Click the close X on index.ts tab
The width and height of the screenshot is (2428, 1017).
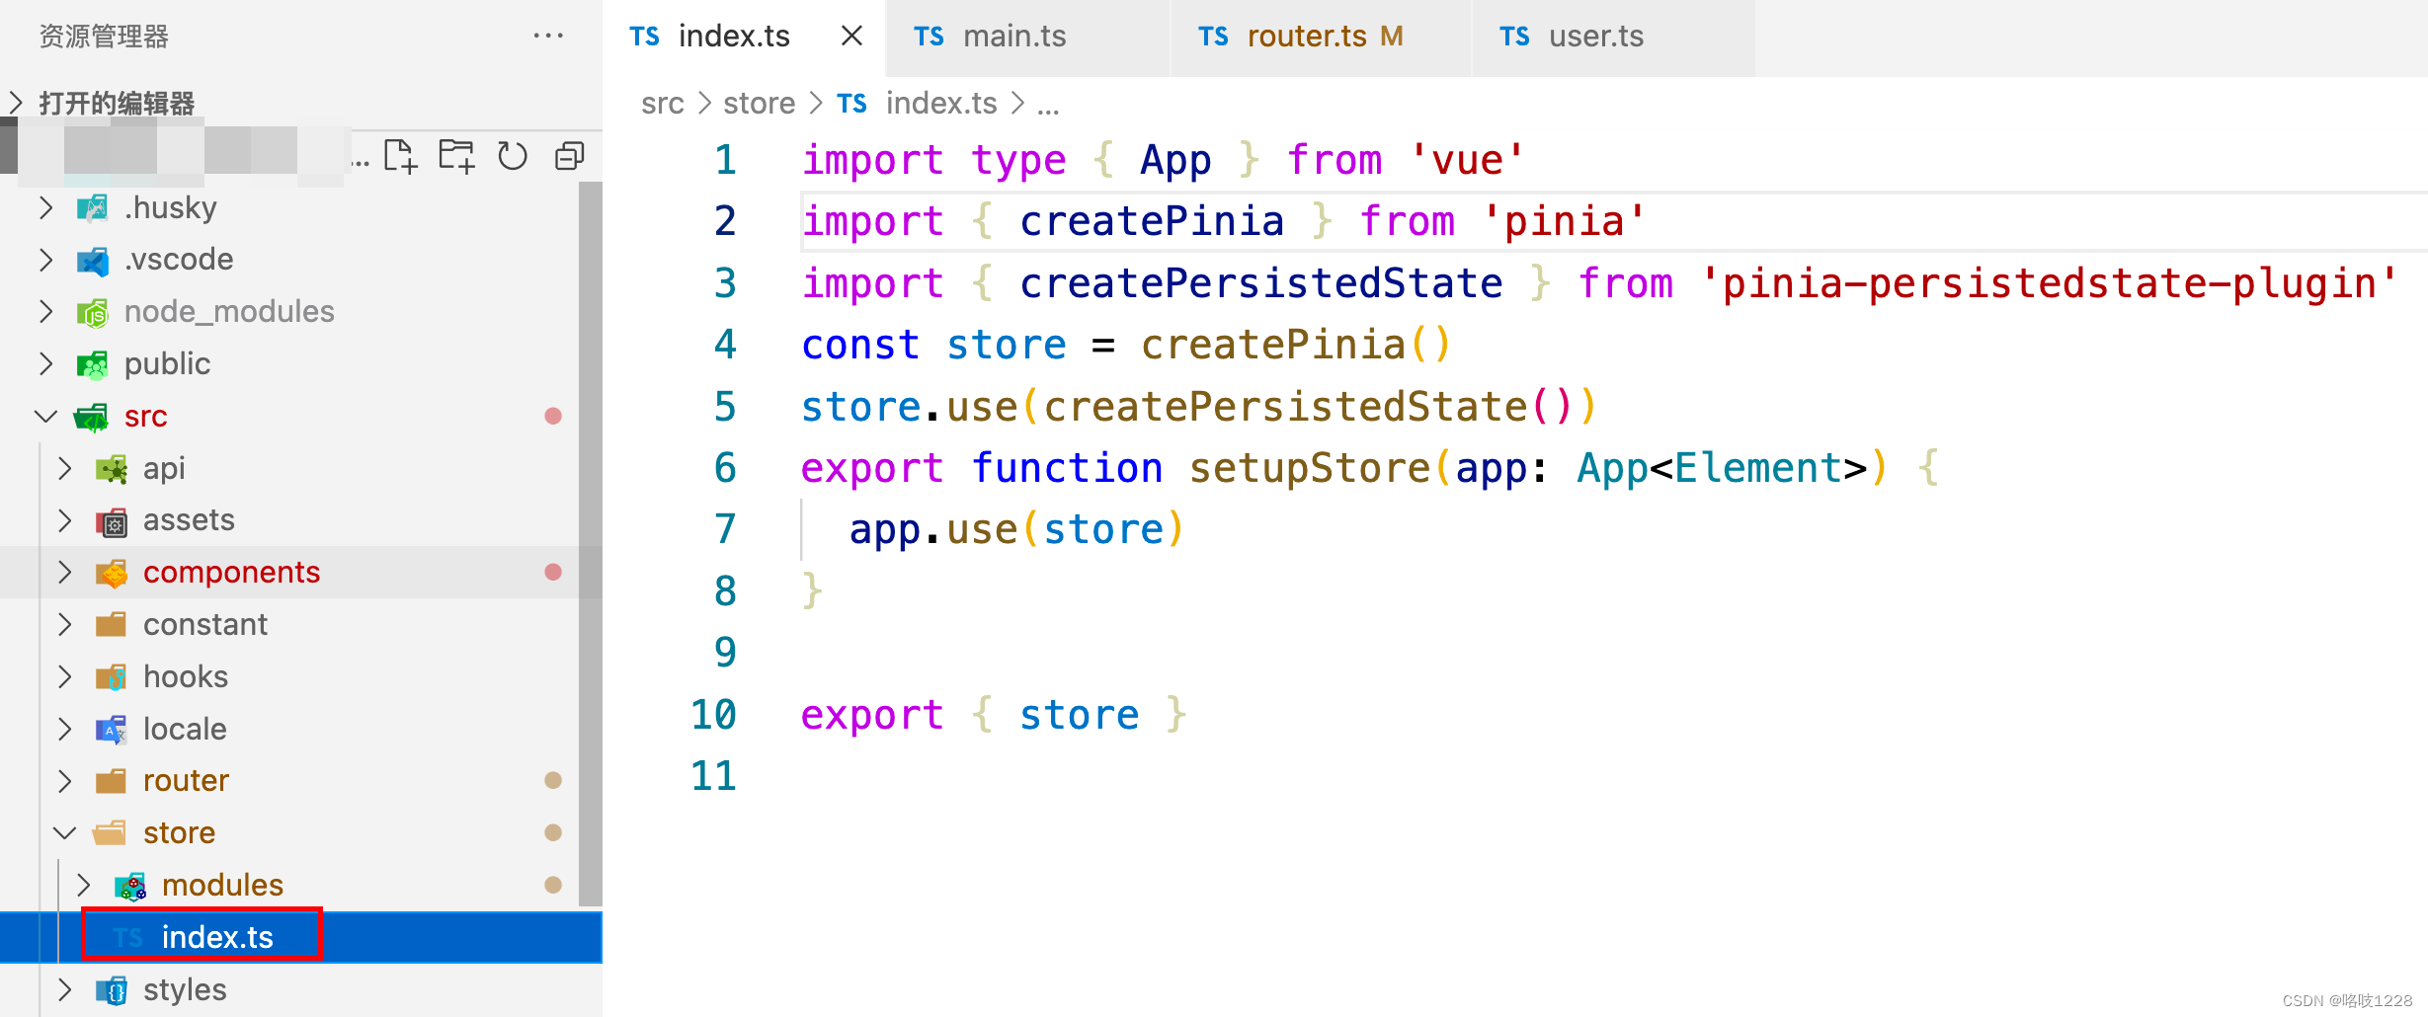(x=851, y=37)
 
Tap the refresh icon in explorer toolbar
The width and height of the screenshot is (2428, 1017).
(x=513, y=156)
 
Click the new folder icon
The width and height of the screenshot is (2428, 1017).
(x=456, y=156)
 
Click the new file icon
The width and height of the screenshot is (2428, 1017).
(x=400, y=156)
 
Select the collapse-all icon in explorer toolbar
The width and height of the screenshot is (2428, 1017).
(x=570, y=156)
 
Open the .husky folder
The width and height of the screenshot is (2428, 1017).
(x=170, y=207)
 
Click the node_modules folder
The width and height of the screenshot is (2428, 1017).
(x=228, y=312)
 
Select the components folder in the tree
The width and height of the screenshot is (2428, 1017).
(x=231, y=573)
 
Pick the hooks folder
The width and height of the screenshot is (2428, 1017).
(x=185, y=677)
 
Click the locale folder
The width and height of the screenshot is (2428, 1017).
(x=185, y=730)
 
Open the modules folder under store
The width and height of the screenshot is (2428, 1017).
(x=222, y=886)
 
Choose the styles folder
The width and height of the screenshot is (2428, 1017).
(x=185, y=990)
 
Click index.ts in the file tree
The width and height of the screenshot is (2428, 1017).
(x=216, y=937)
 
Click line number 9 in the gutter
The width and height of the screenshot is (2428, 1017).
(x=725, y=653)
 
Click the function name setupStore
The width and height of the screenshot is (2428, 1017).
(x=1310, y=468)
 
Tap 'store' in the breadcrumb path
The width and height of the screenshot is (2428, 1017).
(x=759, y=104)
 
